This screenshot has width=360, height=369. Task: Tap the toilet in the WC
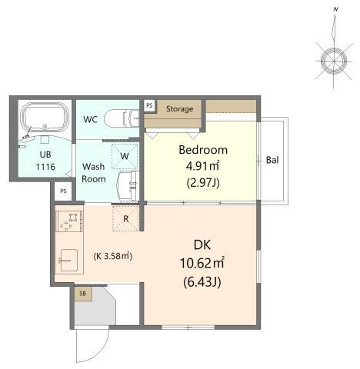pos(122,118)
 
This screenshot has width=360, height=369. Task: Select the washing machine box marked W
pos(125,156)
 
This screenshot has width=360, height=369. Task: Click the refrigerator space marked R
pos(125,218)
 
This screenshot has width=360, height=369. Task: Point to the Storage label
pos(179,108)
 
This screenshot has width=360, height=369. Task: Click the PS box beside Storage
pos(149,105)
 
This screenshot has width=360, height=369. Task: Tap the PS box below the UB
pos(63,191)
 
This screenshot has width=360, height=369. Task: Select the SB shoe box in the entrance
pos(83,294)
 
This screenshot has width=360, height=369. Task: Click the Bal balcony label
pos(272,160)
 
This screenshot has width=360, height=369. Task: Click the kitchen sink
pos(68,260)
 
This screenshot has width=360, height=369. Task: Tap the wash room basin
pos(127,185)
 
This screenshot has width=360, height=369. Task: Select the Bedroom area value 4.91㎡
pos(202,166)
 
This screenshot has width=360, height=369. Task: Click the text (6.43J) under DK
pos(202,283)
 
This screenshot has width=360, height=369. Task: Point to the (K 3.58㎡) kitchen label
pos(113,256)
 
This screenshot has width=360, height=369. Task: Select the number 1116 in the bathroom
pos(45,167)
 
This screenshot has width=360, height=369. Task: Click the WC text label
pos(90,119)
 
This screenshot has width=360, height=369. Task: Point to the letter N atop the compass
pos(335,9)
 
